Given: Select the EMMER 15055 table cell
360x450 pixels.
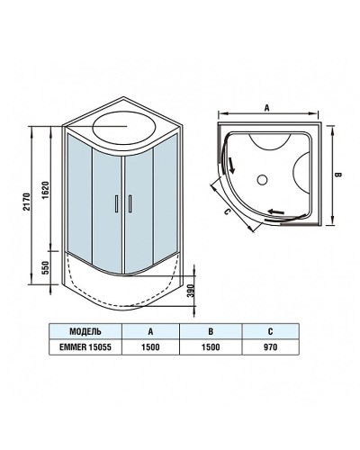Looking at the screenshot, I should [84, 345].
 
